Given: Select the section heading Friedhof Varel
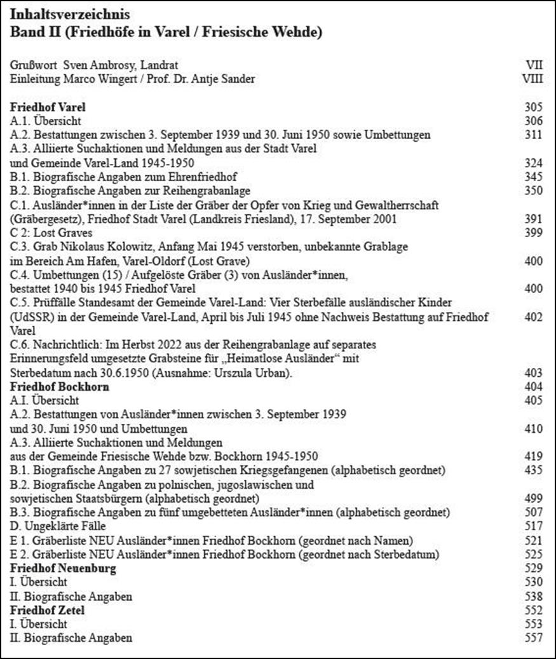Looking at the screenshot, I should [x=48, y=107].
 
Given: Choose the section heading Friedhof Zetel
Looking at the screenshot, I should [x=47, y=610].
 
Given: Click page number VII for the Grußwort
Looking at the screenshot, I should [x=535, y=65].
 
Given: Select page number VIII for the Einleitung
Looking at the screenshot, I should [x=532, y=79].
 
